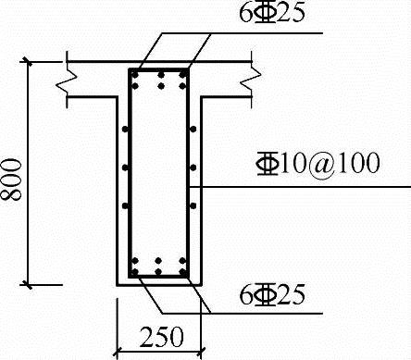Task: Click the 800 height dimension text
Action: tap(11, 180)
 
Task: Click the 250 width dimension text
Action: tap(162, 336)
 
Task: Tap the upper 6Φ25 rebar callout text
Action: tap(272, 12)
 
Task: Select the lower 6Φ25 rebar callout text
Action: tap(272, 294)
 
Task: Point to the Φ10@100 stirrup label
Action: tap(318, 163)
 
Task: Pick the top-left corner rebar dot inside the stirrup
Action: tap(135, 74)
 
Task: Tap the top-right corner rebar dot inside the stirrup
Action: tap(183, 74)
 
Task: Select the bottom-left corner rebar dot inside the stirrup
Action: tap(134, 272)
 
